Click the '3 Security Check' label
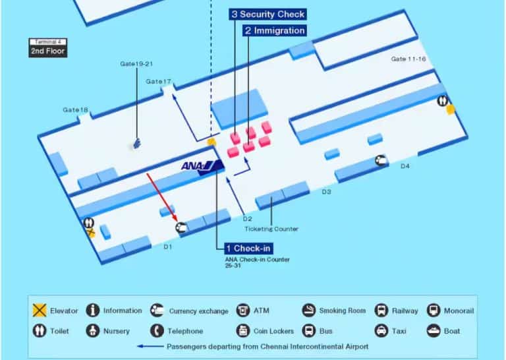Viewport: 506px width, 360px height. (x=267, y=14)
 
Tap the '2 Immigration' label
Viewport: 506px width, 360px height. (x=274, y=30)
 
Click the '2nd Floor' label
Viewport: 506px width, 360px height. (x=48, y=51)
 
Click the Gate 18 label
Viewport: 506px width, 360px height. (x=76, y=109)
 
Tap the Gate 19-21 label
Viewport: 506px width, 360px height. (x=136, y=64)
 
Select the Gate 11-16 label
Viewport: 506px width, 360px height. (x=408, y=59)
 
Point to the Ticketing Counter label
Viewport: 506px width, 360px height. (x=271, y=229)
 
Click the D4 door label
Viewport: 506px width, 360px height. (x=405, y=166)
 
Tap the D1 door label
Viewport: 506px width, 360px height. (x=167, y=247)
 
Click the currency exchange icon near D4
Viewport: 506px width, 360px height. (x=381, y=160)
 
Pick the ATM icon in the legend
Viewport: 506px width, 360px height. (x=243, y=311)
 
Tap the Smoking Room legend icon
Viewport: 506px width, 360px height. (x=308, y=311)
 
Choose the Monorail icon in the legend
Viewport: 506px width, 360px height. (x=433, y=311)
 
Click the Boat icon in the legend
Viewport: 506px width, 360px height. (x=433, y=330)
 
